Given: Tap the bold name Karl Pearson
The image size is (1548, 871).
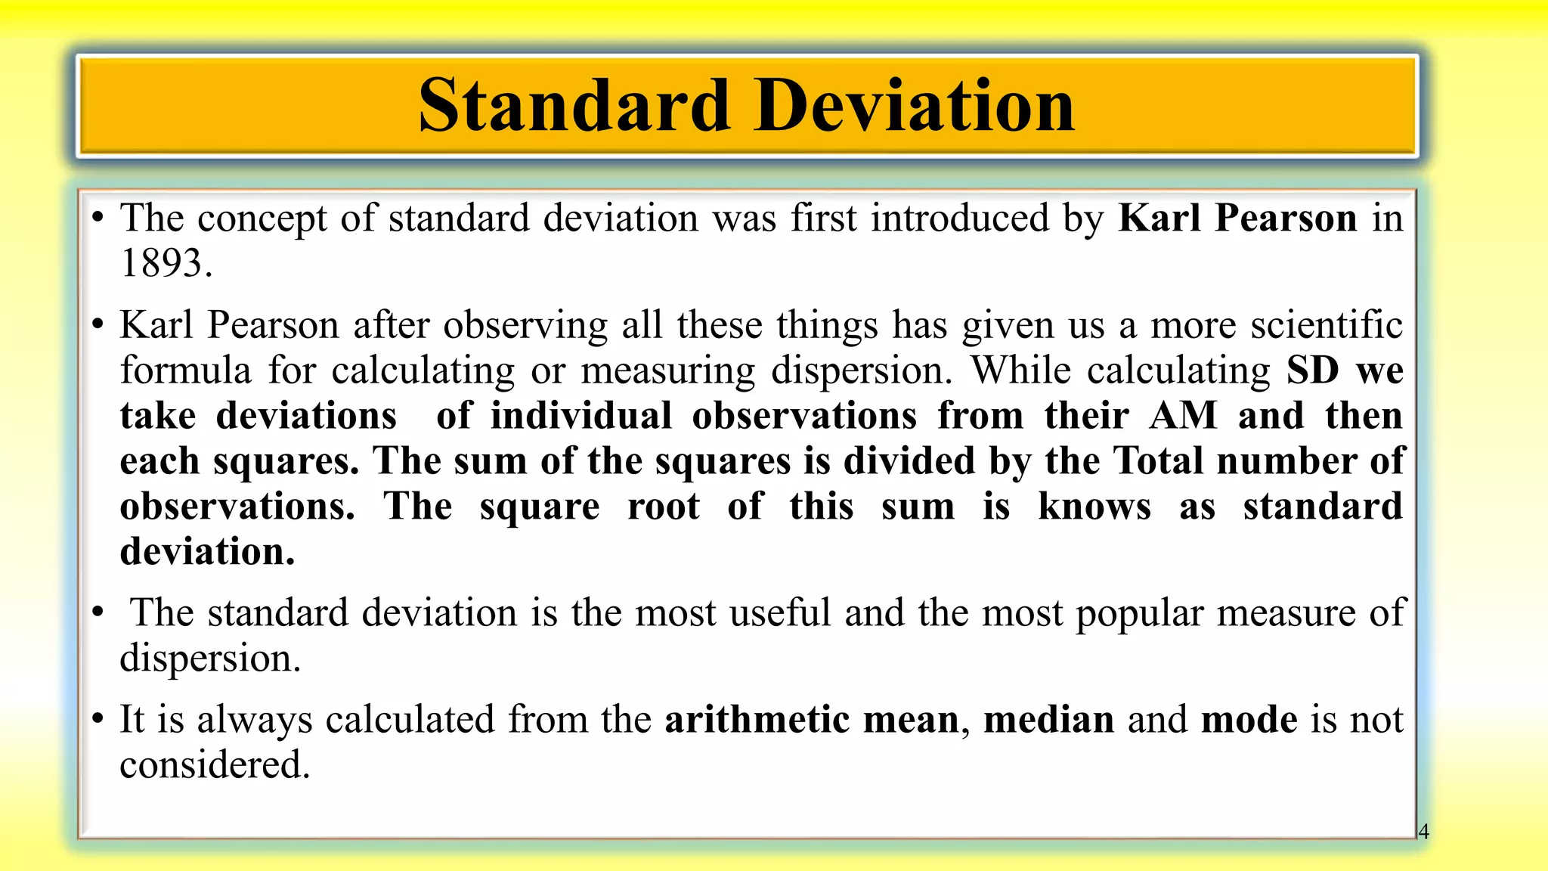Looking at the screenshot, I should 1237,219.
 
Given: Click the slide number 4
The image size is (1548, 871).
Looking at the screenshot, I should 1423,832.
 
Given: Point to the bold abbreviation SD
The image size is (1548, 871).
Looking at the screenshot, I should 1313,370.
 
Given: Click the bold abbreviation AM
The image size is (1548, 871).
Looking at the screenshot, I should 1183,416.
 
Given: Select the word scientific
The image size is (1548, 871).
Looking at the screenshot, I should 1327,325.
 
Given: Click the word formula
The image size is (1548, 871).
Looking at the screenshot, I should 185,370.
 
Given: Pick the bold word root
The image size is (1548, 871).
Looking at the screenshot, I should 663,507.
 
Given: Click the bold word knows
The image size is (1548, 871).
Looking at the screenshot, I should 1094,507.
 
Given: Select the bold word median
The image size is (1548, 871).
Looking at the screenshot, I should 1048,720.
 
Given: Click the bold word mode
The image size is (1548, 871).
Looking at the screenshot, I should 1249,720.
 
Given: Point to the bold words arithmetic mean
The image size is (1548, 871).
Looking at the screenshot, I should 811,720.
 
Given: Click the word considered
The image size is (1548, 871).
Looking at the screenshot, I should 214,765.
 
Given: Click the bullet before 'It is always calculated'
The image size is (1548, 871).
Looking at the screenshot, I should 98,720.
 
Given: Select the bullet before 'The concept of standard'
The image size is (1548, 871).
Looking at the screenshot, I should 98,219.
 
